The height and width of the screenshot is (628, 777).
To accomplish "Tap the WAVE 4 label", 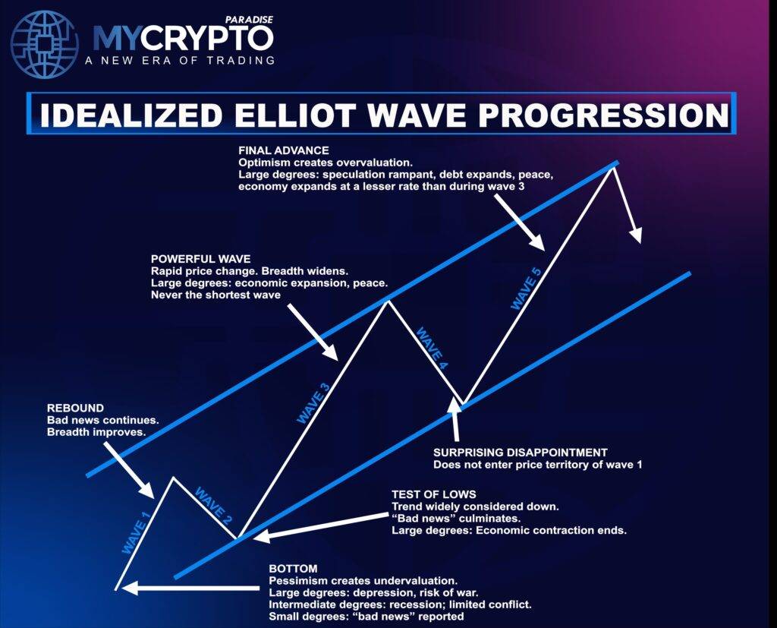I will tap(432, 349).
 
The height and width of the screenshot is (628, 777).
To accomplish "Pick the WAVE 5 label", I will tap(527, 285).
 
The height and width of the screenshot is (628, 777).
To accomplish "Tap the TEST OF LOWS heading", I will tap(433, 494).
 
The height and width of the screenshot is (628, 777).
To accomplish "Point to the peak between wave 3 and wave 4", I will tap(388, 301).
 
